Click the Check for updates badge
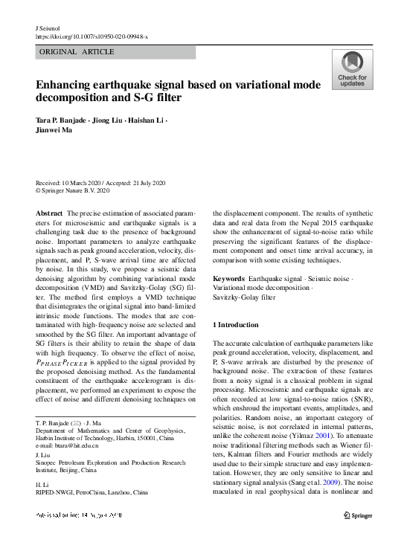pos(351,71)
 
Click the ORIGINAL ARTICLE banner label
pos(76,52)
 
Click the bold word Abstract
pos(49,213)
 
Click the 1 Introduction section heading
pos(236,325)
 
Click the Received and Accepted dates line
pos(100,183)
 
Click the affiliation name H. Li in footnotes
pos(42,484)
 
